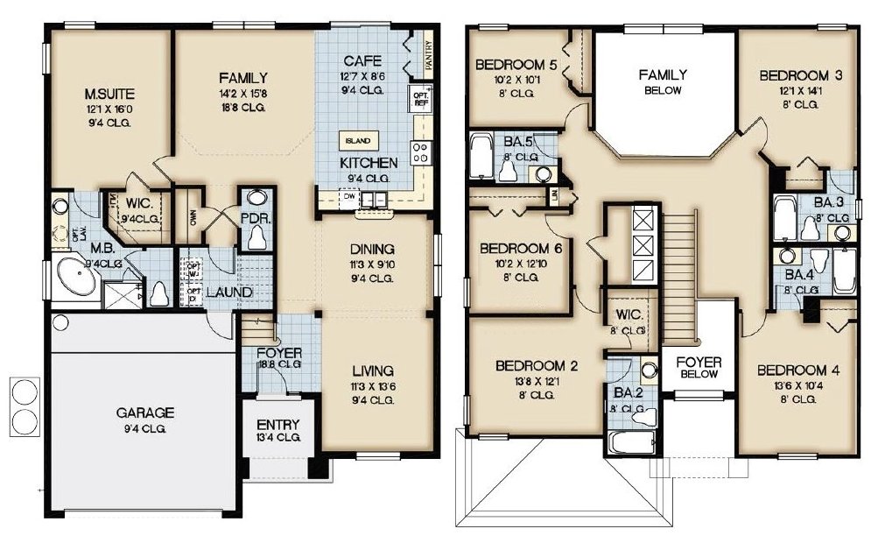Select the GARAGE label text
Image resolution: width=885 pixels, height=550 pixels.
tap(144, 412)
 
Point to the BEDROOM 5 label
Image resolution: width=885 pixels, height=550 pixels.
tap(516, 65)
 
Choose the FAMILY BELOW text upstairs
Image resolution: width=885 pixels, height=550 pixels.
tap(663, 81)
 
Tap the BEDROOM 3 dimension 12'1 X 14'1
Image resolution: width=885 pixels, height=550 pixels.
tap(800, 90)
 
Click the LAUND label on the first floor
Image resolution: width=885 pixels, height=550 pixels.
tap(229, 291)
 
